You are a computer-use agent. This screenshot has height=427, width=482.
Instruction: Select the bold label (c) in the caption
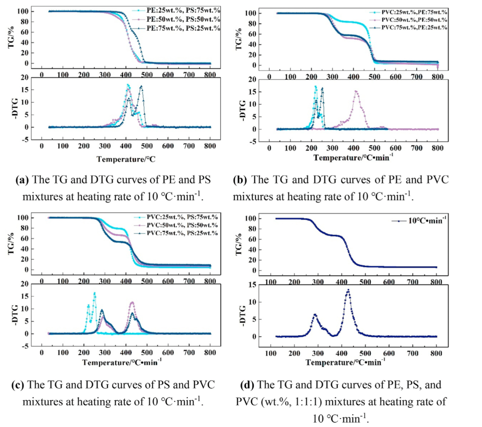coord(19,384)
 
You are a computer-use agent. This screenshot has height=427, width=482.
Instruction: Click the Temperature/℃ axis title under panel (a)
coord(126,159)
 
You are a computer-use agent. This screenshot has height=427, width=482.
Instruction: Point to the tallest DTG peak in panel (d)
coord(348,290)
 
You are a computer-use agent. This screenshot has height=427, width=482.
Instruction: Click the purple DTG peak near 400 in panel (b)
coord(356,92)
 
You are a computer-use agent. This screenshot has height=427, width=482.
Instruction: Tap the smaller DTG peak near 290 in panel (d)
coord(315,315)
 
